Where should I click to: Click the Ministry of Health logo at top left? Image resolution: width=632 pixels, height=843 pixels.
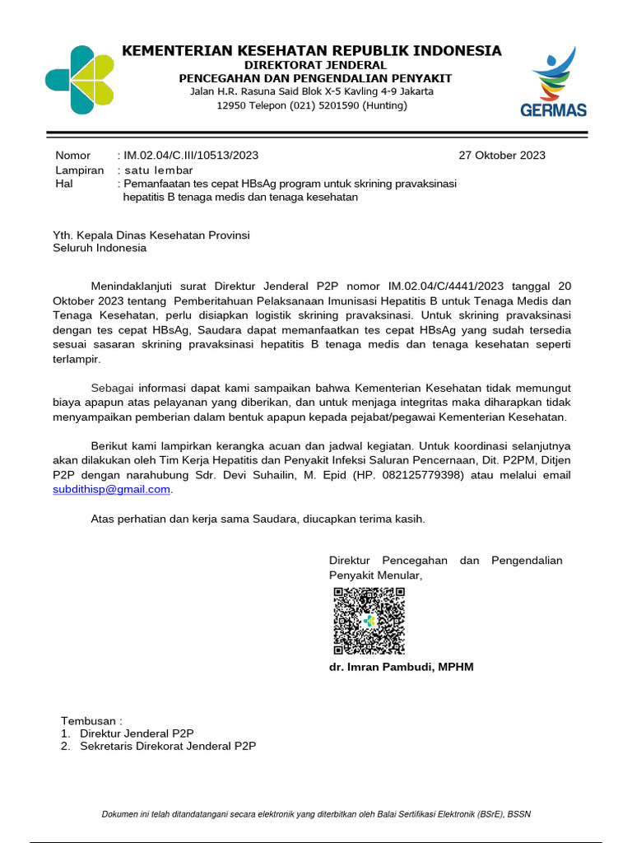[79, 79]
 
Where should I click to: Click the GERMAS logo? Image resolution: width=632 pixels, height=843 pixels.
[553, 82]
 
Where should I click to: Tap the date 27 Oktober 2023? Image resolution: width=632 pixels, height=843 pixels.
[501, 155]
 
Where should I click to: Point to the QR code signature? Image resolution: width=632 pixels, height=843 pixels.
[369, 622]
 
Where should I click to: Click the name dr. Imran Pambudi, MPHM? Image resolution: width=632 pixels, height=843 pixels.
[402, 666]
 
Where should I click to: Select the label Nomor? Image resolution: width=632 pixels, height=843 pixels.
[73, 155]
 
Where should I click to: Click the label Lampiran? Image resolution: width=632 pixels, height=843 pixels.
[79, 170]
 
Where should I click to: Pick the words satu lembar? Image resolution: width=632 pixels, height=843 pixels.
[158, 170]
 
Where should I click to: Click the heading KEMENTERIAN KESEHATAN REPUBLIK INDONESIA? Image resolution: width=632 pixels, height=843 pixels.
[311, 51]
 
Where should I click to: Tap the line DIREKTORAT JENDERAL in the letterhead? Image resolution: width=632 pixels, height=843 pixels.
[316, 65]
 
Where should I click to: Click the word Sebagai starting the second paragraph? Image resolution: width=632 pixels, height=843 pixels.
[112, 387]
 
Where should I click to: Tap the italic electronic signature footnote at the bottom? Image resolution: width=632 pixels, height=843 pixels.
[316, 814]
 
